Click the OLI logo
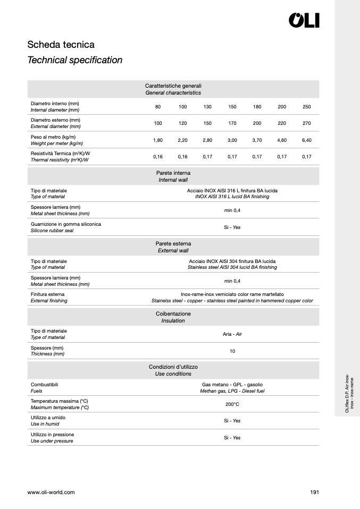304,21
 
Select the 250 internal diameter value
306,107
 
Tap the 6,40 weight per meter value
306,140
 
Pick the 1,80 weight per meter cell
158,140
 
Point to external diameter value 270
306,123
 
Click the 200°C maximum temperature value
232,404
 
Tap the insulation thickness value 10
232,351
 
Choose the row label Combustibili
44,384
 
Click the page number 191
314,493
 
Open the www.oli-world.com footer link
51,493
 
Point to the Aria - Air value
232,334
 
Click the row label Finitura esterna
48,294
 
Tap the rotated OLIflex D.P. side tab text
349,394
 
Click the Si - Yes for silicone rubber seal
232,227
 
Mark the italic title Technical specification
75,60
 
